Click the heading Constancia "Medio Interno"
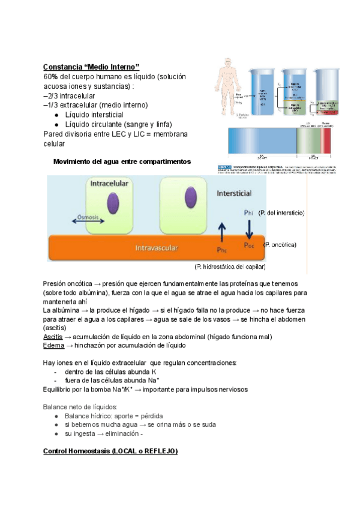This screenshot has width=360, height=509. pyautogui.click(x=91, y=66)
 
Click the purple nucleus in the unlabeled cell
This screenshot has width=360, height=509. pyautogui.click(x=190, y=199)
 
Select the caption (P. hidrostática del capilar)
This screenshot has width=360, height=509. pyautogui.click(x=230, y=266)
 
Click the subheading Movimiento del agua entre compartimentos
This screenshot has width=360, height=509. pyautogui.click(x=122, y=162)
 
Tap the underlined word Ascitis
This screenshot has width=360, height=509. pyautogui.click(x=53, y=337)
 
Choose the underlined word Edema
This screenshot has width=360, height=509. pyautogui.click(x=53, y=345)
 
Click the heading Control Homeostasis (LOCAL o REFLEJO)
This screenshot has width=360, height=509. pyautogui.click(x=110, y=451)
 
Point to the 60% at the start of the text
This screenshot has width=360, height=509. pyautogui.click(x=50, y=77)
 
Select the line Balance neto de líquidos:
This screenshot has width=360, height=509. pyautogui.click(x=80, y=406)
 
